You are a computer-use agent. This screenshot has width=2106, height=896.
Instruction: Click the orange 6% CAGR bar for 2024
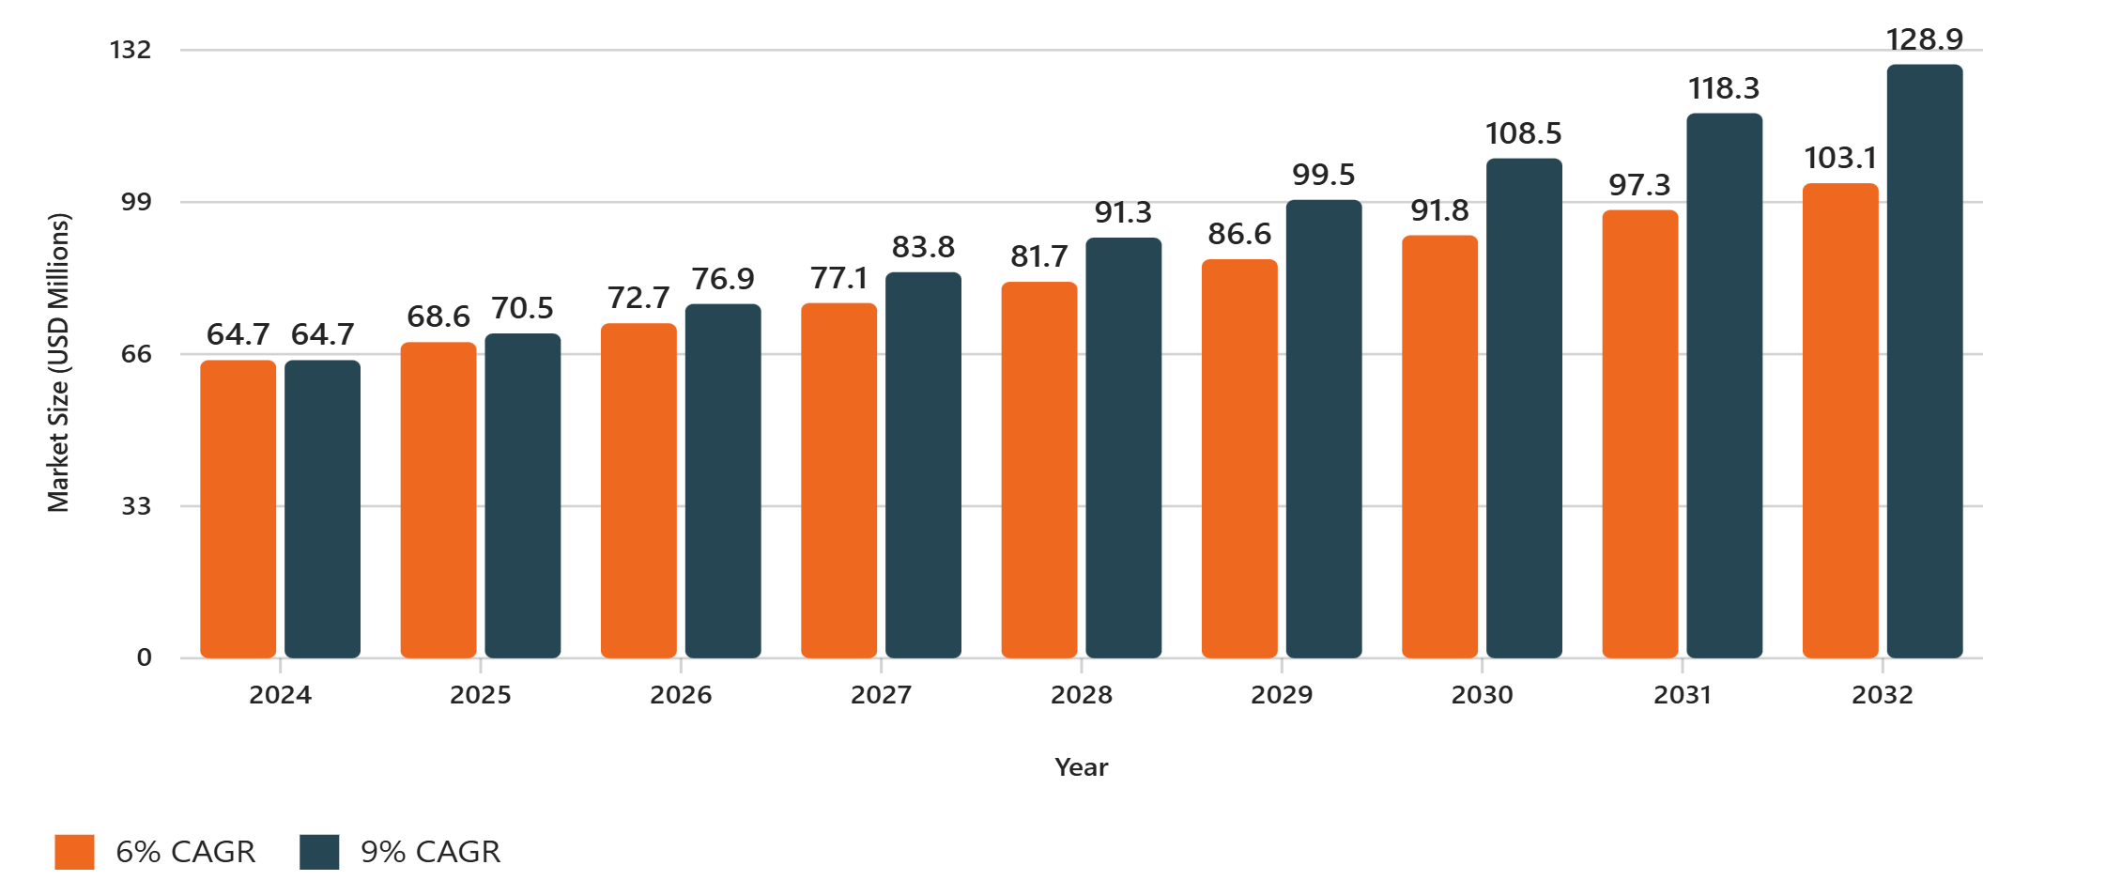(238, 508)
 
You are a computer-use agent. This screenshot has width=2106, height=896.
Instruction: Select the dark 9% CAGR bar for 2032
(1924, 362)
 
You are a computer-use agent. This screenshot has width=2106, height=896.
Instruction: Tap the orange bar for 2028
(1038, 470)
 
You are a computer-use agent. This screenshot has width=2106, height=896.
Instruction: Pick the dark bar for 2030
(1523, 409)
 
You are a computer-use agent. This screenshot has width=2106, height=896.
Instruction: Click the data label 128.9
(1924, 39)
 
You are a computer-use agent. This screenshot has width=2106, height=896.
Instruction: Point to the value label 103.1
(1839, 158)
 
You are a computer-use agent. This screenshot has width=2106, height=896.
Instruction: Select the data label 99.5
(1323, 175)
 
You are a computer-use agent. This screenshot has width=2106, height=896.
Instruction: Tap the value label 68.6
(438, 317)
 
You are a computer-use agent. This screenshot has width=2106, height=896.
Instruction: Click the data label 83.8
(923, 247)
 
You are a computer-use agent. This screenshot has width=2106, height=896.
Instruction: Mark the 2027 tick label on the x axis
(881, 695)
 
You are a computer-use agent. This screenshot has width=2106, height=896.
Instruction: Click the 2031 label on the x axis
(1682, 695)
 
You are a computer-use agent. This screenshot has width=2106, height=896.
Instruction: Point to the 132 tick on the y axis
(131, 50)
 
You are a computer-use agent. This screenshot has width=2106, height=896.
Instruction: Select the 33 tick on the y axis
(136, 506)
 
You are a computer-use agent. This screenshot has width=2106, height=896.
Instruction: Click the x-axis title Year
(1081, 767)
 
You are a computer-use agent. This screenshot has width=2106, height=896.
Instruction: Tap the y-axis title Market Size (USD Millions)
(58, 363)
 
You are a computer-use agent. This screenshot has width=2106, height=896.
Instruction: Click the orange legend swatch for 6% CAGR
(74, 852)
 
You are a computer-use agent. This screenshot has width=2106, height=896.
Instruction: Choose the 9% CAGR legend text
(430, 852)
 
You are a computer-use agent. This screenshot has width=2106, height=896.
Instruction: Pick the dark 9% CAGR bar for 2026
(722, 481)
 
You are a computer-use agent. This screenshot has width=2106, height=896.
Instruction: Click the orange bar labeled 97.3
(1639, 434)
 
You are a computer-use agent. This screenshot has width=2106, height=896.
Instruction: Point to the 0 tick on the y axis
(144, 657)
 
